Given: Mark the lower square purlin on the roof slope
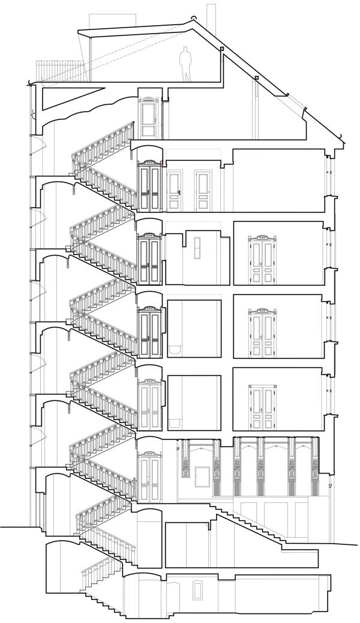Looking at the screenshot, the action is [256, 78].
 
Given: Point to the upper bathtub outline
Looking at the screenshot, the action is [175, 349].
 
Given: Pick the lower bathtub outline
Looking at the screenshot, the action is [175, 421].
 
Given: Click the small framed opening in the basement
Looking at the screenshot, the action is [197, 590].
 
